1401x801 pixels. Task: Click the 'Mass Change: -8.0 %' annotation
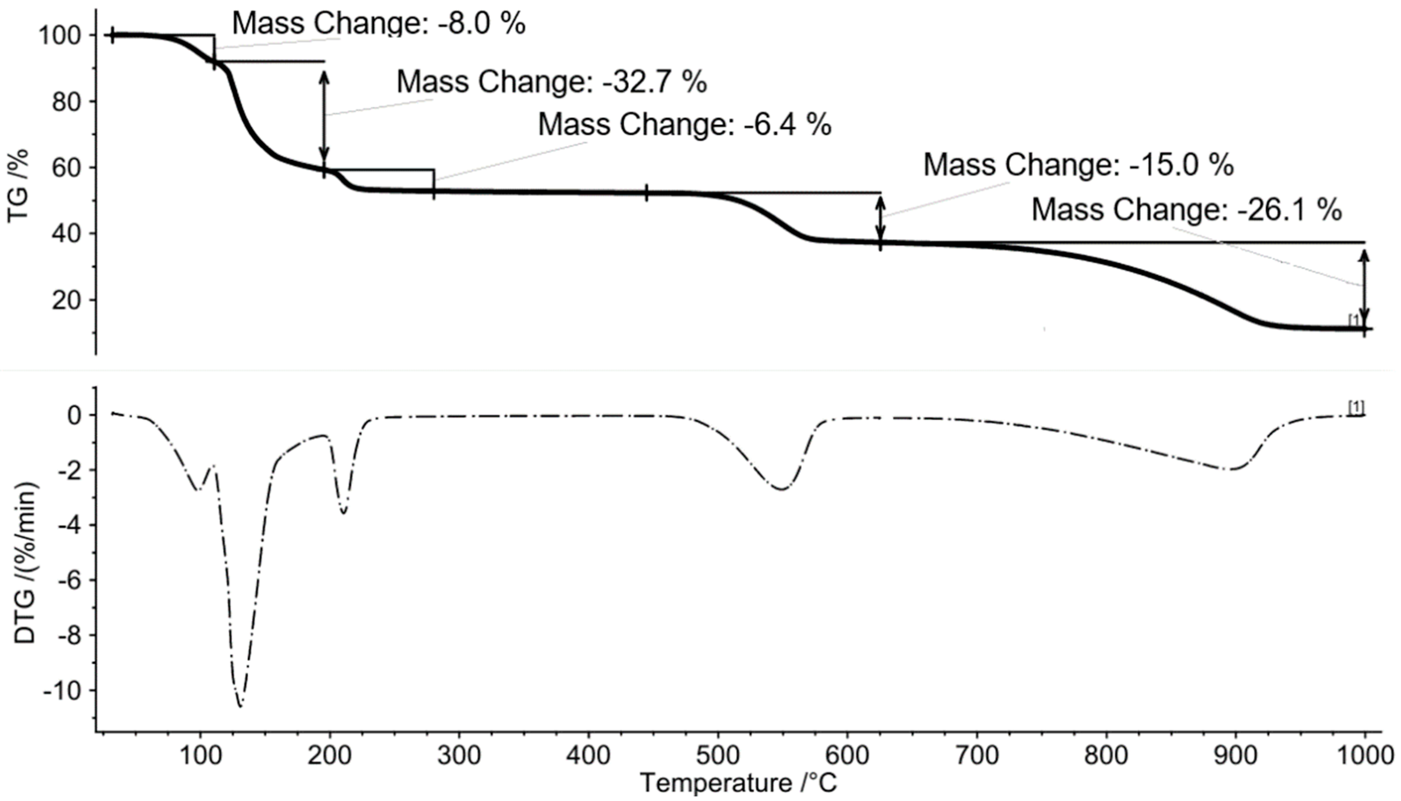pyautogui.click(x=378, y=23)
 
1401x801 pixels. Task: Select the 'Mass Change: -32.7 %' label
pyautogui.click(x=551, y=82)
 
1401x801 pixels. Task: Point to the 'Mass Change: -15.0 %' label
pyautogui.click(x=1078, y=165)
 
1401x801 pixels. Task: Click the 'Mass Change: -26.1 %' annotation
pyautogui.click(x=1186, y=210)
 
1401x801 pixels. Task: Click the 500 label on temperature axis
pyautogui.click(x=718, y=756)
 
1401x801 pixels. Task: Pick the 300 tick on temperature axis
pyautogui.click(x=459, y=756)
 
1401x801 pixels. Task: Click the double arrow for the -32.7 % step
pyautogui.click(x=324, y=115)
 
